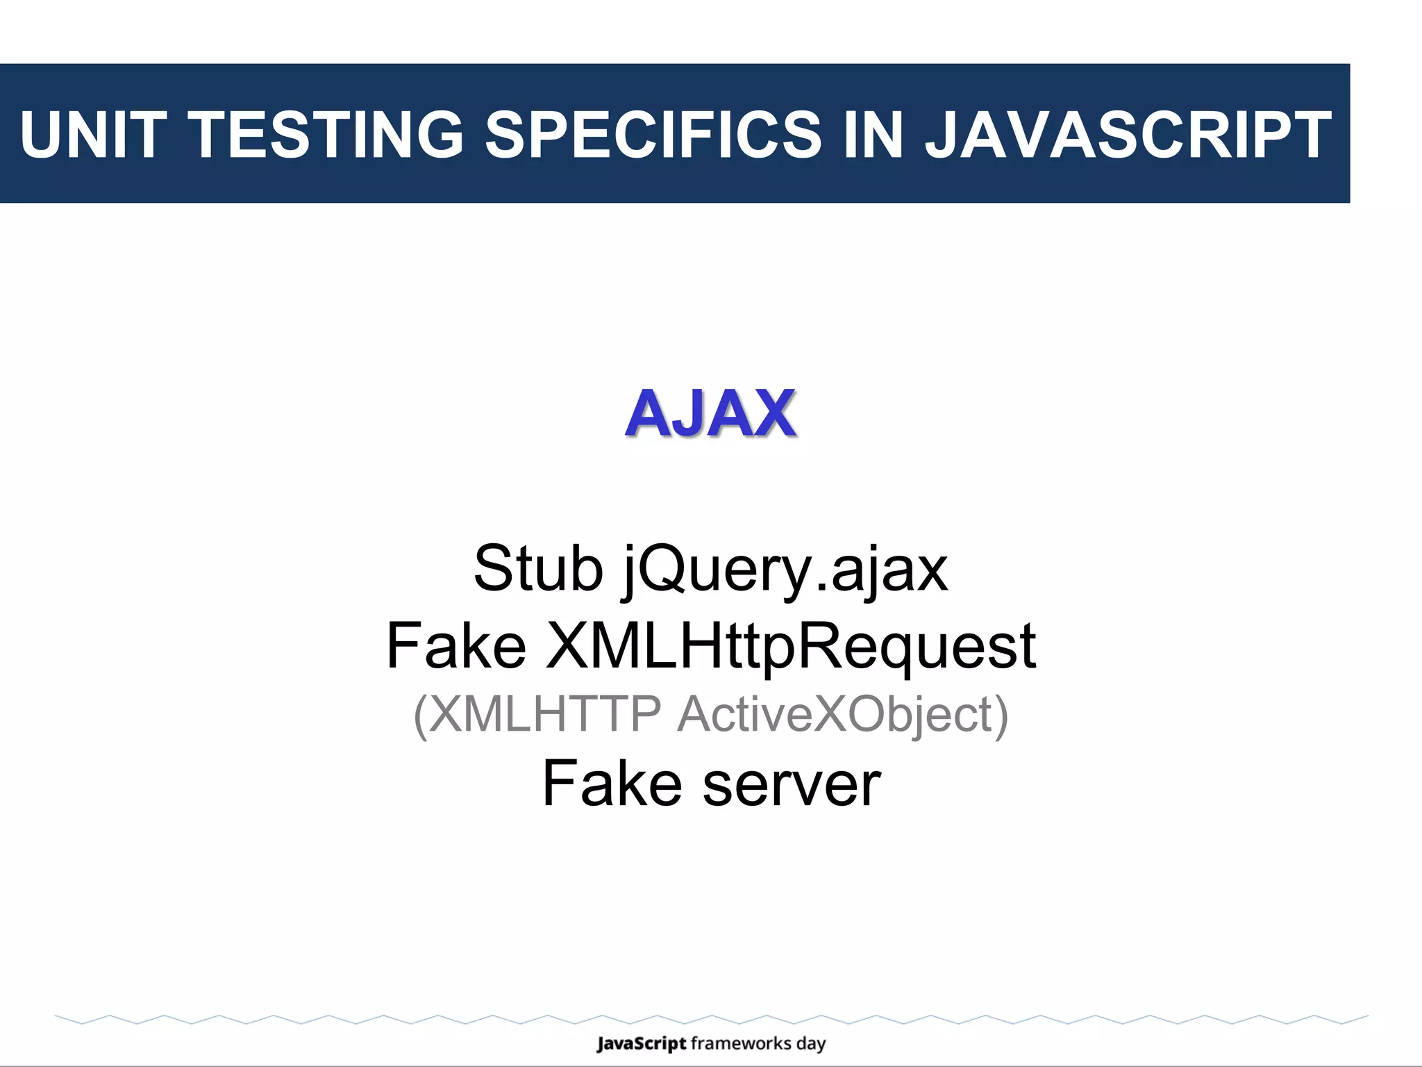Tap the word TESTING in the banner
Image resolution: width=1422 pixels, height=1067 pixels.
click(326, 135)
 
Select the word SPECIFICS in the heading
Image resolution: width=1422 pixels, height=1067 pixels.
click(653, 135)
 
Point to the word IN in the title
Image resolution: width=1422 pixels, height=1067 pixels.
click(873, 135)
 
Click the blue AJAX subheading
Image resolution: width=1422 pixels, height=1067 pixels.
click(710, 415)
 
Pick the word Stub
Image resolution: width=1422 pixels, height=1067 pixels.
click(538, 569)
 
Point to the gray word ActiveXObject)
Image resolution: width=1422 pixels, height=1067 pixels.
click(842, 714)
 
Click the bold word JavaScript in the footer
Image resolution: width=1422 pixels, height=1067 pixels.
click(641, 1043)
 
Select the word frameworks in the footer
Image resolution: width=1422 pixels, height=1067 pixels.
click(741, 1043)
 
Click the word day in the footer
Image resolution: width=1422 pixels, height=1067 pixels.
click(811, 1044)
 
